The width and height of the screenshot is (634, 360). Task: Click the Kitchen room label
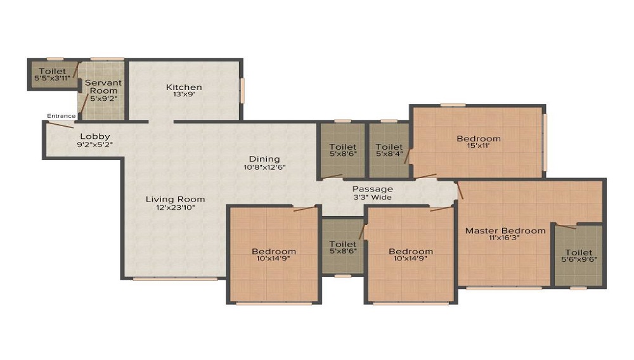[x=184, y=87]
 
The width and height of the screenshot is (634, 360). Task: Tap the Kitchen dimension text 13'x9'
[x=184, y=94]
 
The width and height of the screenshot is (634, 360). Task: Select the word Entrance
[x=61, y=116]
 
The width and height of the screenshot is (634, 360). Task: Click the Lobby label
[x=95, y=136]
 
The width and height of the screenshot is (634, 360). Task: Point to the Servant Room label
[x=103, y=86]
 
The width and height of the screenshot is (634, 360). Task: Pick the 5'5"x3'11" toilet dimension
[x=53, y=78]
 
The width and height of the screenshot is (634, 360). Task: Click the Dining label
[x=264, y=159]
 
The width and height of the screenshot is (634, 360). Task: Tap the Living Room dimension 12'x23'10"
[x=176, y=207]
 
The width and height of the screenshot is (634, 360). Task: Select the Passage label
[x=372, y=189]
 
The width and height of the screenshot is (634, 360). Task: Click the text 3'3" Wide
[x=372, y=197]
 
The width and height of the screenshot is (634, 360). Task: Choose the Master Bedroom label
[x=505, y=231]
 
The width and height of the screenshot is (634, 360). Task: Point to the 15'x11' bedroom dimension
[x=479, y=145]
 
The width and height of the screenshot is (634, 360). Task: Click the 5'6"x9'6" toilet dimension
[x=579, y=259]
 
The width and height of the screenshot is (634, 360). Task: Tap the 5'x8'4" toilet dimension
[x=389, y=154]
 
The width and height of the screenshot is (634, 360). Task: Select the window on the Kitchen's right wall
[x=243, y=90]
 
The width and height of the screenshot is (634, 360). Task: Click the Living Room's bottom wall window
[x=174, y=278]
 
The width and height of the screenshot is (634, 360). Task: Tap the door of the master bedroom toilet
[x=566, y=226]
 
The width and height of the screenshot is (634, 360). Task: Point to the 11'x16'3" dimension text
[x=504, y=238]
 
